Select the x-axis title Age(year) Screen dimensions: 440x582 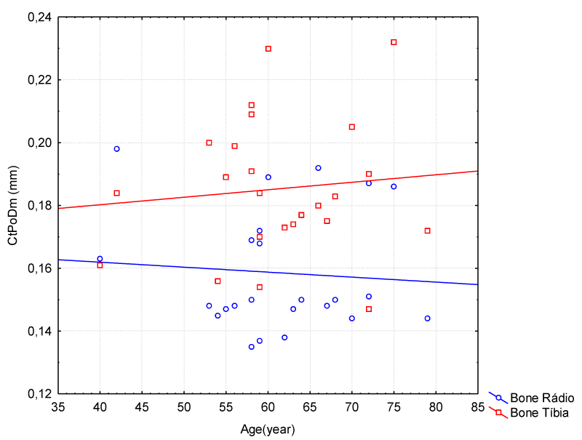click(268, 429)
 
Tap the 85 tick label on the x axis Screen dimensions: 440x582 click(478, 407)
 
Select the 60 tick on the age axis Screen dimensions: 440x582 click(268, 407)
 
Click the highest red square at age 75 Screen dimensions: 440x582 click(394, 42)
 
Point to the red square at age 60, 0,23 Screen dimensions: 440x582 click(268, 49)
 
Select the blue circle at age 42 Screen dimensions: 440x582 click(116, 149)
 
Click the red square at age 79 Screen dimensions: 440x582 click(427, 231)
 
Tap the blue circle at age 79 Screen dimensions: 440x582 click(427, 319)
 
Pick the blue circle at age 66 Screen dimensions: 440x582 click(318, 168)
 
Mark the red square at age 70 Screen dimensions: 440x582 click(351, 127)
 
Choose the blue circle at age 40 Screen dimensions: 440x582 click(100, 259)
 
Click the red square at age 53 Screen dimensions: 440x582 click(209, 143)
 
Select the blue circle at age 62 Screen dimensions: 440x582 click(284, 337)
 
